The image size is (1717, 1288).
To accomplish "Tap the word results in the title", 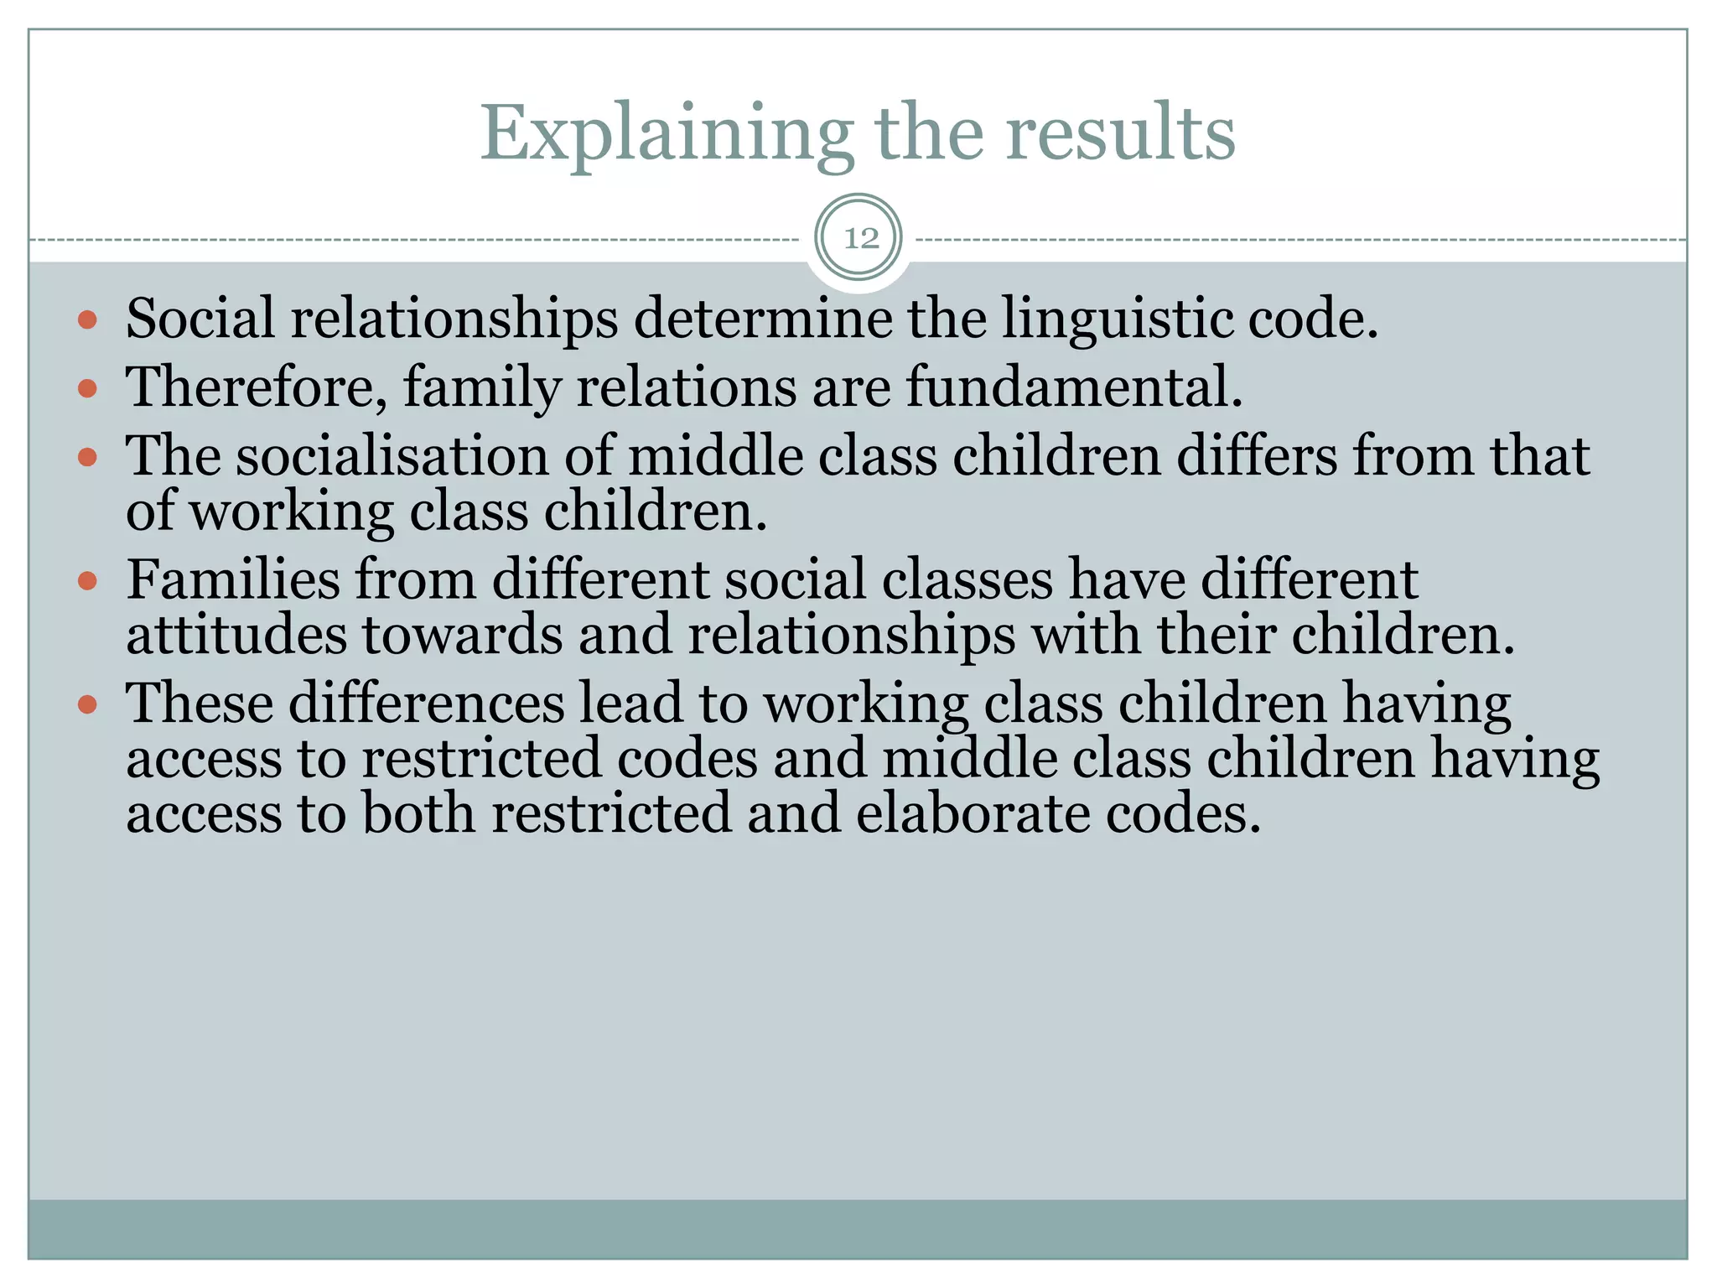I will pos(1121,134).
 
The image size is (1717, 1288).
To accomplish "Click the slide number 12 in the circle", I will pos(860,239).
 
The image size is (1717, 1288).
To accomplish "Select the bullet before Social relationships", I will pos(88,320).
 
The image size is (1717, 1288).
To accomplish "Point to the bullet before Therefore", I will pos(88,388).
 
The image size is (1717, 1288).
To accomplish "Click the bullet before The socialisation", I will pos(88,457).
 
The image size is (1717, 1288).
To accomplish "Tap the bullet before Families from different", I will pos(88,580).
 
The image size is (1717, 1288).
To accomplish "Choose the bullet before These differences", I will pos(88,704).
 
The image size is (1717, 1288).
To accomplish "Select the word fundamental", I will pos(1074,388).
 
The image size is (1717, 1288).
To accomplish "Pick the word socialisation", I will pos(392,457).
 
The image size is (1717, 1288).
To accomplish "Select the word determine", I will pos(763,320).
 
